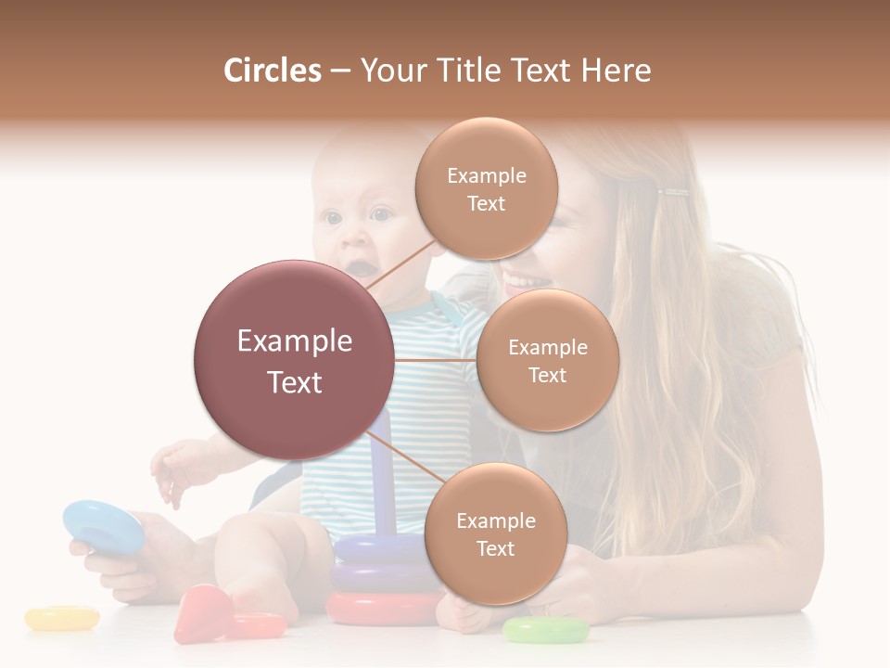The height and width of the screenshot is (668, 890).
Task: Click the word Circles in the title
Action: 272,71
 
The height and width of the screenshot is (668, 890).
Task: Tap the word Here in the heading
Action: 616,71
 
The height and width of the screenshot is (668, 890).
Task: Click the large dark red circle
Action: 294,360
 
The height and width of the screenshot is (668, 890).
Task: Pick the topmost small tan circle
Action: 486,188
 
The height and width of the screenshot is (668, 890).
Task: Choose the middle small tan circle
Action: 547,360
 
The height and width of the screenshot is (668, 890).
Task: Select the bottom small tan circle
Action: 495,533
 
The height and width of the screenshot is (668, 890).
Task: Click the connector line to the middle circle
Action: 435,360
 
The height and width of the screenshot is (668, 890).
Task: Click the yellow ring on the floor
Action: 62,617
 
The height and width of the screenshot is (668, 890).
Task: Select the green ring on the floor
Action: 546,631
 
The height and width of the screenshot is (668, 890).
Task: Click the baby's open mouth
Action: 360,268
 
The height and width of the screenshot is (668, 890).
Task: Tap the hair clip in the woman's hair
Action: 673,193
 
